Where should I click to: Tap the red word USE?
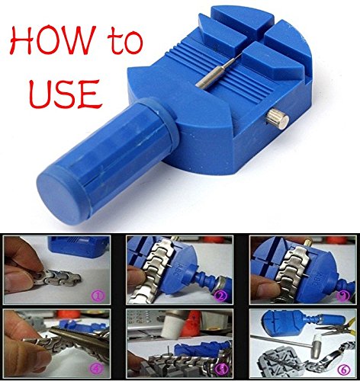[x=65, y=94]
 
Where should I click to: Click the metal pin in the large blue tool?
[x=216, y=72]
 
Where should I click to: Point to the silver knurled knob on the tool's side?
[x=278, y=119]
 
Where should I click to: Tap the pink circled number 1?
[x=98, y=296]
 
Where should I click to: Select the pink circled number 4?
[x=98, y=368]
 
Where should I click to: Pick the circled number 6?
[x=344, y=370]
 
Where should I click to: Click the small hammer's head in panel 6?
[x=317, y=346]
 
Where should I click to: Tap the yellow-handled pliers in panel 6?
[x=335, y=328]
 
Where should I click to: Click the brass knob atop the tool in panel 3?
[x=309, y=242]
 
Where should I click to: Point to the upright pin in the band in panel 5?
[x=169, y=352]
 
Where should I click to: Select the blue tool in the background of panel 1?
[x=79, y=246]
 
